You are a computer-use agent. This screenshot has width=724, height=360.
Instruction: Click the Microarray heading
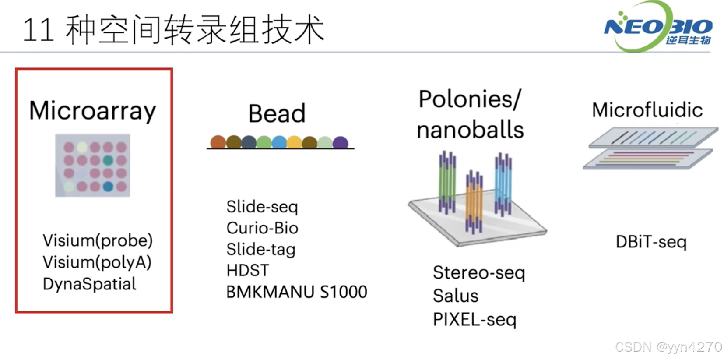92,110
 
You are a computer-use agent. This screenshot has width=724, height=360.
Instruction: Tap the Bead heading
277,113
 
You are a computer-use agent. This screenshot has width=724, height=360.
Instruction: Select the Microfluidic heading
647,110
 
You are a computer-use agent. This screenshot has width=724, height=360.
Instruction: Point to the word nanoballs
470,130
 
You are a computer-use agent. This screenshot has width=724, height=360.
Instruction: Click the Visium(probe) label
98,240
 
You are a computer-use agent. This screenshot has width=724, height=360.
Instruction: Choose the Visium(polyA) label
97,262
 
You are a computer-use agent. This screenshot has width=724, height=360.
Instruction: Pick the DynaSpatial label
90,284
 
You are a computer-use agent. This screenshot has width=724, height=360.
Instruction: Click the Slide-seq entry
262,207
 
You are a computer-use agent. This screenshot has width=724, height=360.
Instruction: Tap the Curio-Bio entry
262,228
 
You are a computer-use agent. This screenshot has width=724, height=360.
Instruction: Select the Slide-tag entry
261,249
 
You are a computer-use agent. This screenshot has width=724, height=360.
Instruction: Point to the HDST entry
248,270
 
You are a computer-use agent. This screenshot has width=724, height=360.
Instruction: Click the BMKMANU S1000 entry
296,292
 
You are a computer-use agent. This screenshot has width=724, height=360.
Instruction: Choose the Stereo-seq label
479,272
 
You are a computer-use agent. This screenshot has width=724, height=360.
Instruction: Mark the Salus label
456,296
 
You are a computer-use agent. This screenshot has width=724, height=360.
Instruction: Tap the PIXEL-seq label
474,320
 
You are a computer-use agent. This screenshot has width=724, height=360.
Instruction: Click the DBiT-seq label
651,242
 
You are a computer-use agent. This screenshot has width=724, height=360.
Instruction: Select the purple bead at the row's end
340,142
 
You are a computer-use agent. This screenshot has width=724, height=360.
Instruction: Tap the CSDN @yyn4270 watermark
668,347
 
